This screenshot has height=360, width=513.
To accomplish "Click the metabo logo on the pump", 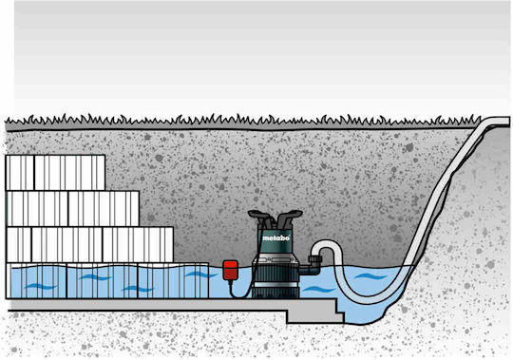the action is (x=275, y=238).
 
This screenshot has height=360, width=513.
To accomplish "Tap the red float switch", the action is (x=230, y=270).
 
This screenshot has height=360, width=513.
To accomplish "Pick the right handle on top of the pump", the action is (x=290, y=217).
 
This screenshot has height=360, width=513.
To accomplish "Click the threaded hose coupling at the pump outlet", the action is (x=315, y=261).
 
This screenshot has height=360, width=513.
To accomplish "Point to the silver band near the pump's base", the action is (x=275, y=285).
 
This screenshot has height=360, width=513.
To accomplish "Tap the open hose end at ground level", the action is (x=500, y=123).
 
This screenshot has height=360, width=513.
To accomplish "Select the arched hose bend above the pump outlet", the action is (x=327, y=243).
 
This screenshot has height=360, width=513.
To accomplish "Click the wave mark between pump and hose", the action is (x=317, y=290).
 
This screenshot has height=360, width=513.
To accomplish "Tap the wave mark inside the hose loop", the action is (x=370, y=276).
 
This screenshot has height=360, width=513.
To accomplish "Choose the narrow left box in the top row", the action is (x=20, y=173).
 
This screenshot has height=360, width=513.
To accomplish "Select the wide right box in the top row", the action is (x=69, y=173).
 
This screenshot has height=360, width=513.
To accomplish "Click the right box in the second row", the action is (x=104, y=209).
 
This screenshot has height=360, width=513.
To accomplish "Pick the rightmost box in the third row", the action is (x=138, y=244).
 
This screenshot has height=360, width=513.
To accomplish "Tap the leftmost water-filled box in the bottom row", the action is (x=37, y=281).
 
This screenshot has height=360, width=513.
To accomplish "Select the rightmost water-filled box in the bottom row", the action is (x=173, y=281).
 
